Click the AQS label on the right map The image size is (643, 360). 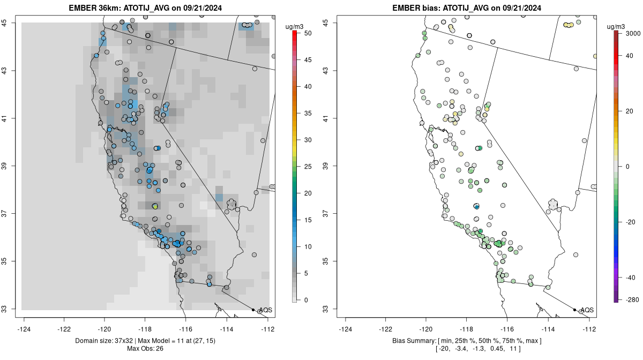tap(587, 310)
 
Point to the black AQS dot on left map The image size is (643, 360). tap(253, 310)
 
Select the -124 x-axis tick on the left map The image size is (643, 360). tap(25, 329)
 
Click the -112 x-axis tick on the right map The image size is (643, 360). tap(589, 329)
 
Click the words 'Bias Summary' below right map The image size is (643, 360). tap(410, 341)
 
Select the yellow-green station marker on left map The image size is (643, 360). tap(155, 206)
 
